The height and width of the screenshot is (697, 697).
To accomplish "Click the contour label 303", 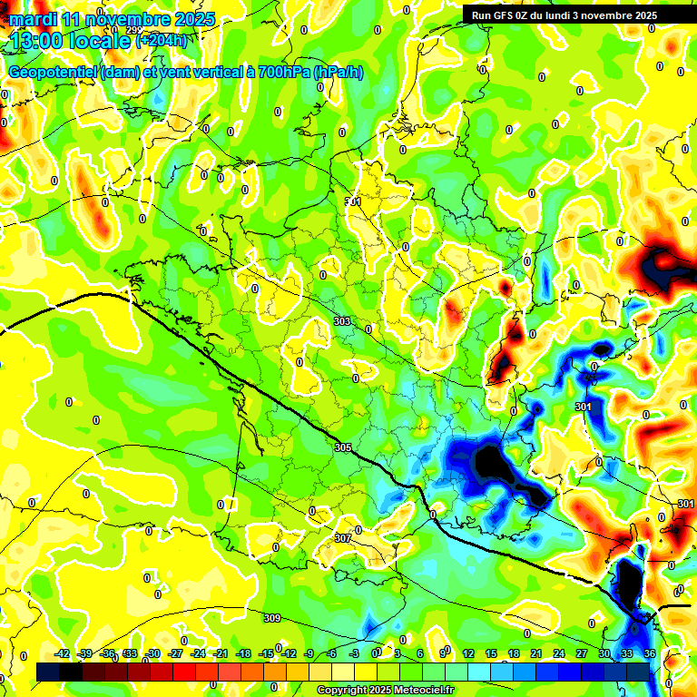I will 342,321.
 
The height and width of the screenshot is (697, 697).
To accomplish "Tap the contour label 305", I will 342,447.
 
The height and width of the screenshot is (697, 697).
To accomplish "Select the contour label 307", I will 342,538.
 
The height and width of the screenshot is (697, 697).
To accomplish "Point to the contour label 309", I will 272,618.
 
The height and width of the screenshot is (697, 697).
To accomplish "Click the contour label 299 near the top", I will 133,30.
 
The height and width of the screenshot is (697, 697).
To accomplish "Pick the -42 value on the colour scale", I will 63,653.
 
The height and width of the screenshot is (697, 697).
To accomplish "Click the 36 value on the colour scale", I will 649,653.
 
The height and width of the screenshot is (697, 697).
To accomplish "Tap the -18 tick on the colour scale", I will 243,653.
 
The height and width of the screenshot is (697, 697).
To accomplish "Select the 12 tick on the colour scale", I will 468,653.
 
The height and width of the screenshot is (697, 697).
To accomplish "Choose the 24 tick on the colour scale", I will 558,653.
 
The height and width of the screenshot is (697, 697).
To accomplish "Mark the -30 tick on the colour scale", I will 152,653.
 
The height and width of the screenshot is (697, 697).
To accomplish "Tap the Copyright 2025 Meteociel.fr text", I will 385,690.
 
